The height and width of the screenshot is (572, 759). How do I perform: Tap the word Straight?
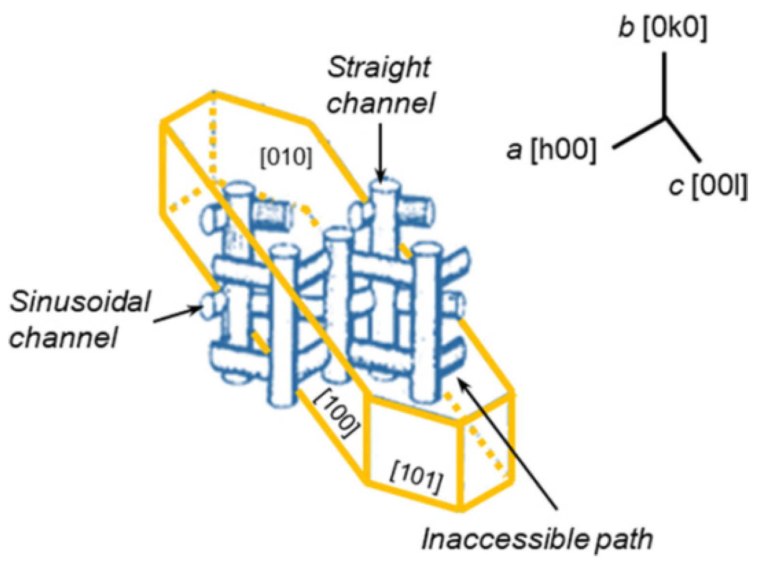(379, 68)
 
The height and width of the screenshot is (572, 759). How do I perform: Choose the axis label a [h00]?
(552, 149)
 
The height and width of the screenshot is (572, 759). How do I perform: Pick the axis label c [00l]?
(708, 186)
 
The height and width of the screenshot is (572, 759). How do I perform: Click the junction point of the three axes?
(665, 117)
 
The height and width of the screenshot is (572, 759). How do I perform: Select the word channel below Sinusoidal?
(63, 337)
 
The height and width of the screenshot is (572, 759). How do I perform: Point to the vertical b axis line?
(665, 84)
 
